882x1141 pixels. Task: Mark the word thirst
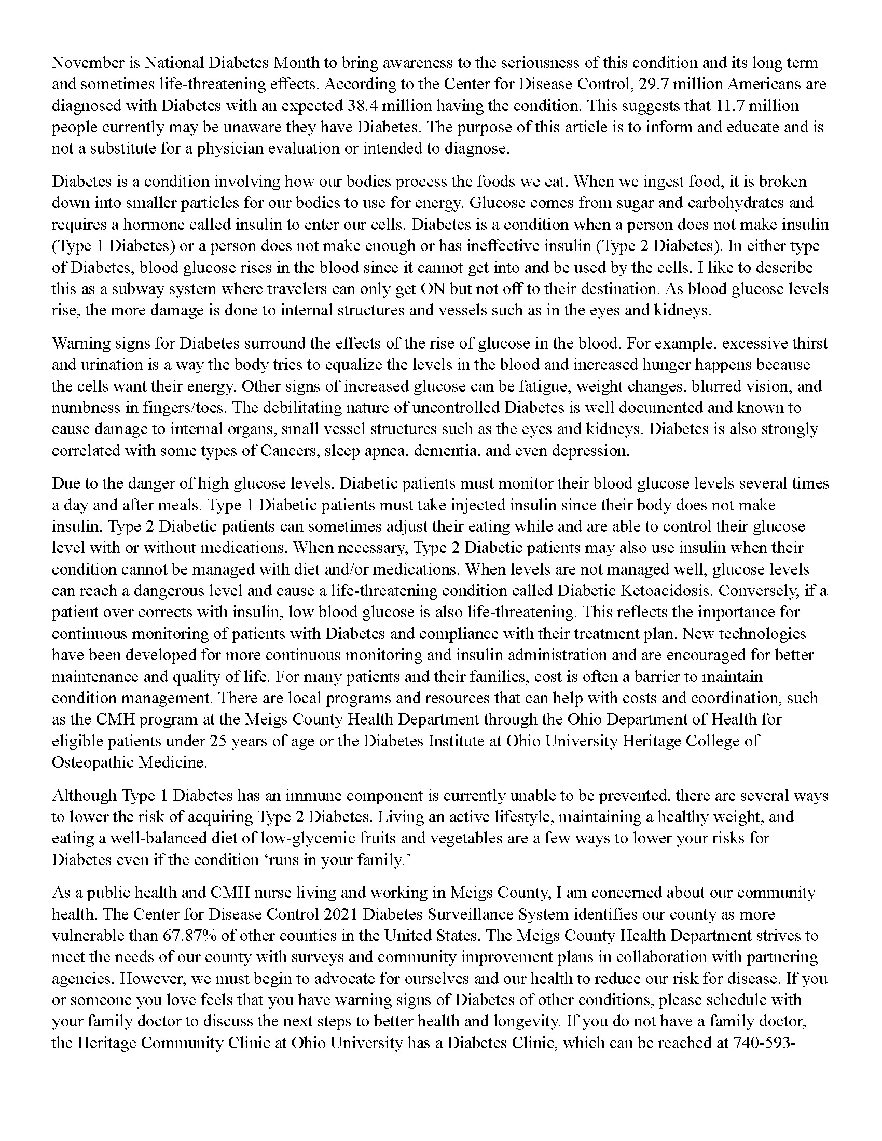809,343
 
